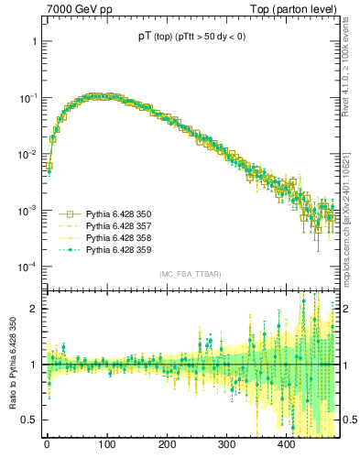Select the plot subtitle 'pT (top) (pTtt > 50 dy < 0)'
[189, 39]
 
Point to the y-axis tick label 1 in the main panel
[34, 42]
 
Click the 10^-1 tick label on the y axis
[27, 98]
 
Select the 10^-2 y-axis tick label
[27, 154]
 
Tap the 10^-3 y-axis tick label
[27, 211]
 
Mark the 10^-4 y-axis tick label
[27, 267]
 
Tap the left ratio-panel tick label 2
[34, 309]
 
